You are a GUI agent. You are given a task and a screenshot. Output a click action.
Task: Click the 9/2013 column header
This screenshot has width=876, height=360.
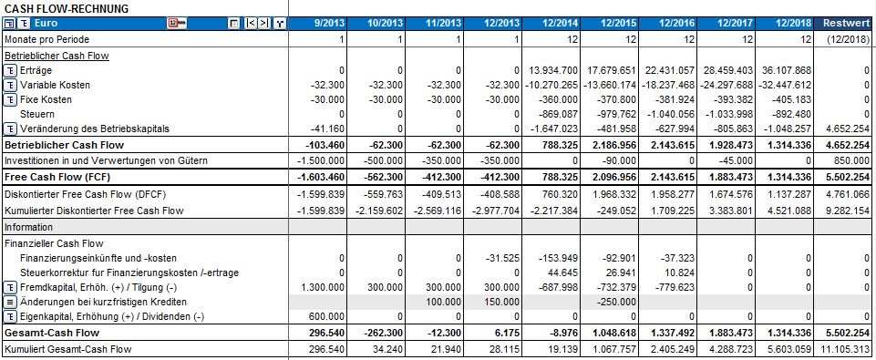pos(327,23)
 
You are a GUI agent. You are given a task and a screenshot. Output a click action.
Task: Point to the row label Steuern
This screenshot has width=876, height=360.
pos(37,114)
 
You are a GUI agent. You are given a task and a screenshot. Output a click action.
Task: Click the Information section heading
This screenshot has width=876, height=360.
pos(28,227)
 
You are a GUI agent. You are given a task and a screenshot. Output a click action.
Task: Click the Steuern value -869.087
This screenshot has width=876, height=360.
pos(557,114)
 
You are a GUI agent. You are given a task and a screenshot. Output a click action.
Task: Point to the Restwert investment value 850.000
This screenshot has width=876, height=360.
pos(851,159)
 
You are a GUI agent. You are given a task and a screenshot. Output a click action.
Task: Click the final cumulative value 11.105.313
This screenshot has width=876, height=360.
pos(843,349)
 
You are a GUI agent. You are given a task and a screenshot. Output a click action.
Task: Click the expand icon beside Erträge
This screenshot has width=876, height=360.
pos(10,70)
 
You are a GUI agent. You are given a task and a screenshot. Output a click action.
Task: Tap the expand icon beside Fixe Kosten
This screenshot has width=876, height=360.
pos(10,99)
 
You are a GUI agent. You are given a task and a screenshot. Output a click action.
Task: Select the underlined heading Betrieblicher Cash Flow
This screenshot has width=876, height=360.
pos(57,56)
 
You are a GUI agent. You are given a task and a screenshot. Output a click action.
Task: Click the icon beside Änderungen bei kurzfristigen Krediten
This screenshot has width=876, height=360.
pos(10,302)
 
